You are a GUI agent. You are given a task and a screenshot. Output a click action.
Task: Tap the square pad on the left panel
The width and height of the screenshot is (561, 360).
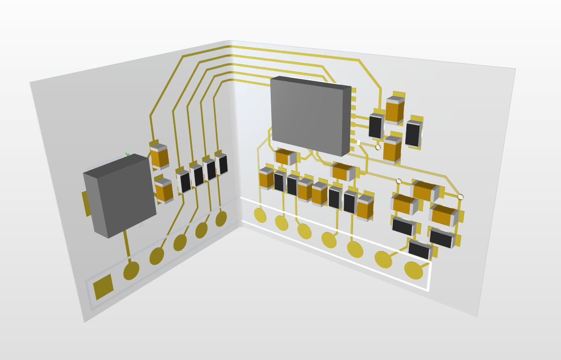pos(103,287)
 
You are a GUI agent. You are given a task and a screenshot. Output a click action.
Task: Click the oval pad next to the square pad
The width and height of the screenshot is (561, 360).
pos(131,271)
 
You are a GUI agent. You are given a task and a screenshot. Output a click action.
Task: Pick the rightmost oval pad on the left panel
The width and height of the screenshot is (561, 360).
pos(221,219)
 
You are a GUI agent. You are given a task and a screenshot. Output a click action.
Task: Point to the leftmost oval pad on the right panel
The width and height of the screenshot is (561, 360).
pos(260,215)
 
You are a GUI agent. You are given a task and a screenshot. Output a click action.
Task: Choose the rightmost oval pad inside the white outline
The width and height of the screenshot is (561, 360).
pos(413,270)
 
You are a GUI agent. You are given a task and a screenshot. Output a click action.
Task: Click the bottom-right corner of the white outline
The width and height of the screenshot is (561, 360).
pos(427,290)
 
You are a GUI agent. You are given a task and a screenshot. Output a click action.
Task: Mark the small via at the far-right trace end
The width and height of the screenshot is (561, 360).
pos(461,197)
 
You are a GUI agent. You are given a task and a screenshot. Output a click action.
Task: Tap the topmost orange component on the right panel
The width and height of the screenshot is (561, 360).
pos(394,110)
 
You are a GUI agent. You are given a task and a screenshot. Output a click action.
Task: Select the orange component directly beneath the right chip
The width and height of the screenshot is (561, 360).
pos(284,157)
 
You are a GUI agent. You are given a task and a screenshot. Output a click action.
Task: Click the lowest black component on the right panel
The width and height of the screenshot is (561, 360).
pos(419,250)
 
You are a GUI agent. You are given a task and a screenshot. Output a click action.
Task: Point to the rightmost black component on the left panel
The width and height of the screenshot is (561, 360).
pos(223,164)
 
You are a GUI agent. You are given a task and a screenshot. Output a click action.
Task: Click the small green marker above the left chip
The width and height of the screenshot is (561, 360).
pos(127,155)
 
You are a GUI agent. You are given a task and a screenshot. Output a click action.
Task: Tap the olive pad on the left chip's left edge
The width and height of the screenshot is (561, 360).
pos(86,203)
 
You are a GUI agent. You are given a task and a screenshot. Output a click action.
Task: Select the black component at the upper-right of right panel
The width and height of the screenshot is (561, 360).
pos(413,134)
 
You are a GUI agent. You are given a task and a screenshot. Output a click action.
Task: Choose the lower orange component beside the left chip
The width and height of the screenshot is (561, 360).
pos(164,191)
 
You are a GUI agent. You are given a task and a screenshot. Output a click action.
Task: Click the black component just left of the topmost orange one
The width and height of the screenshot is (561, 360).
pos(376,126)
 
